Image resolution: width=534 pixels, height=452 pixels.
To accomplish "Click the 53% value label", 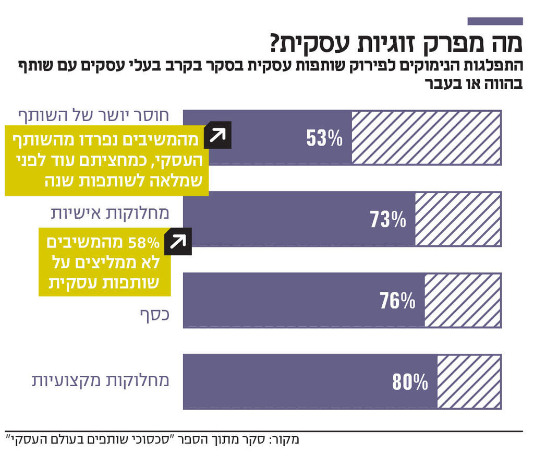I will click(x=324, y=138).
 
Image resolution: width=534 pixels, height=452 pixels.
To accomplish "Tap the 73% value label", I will click(x=387, y=220).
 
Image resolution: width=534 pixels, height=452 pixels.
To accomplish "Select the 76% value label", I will click(x=397, y=301).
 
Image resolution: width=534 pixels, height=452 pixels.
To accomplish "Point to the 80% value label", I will click(x=410, y=383).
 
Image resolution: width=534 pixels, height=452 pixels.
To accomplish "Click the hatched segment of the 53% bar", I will click(x=426, y=137).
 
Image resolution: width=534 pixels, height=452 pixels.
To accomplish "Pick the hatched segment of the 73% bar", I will click(x=458, y=219).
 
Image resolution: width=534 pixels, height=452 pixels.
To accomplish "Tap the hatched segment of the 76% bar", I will click(x=463, y=300).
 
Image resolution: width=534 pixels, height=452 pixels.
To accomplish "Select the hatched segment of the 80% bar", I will click(x=469, y=382).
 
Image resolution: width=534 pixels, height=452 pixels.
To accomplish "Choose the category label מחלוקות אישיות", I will click(x=110, y=213).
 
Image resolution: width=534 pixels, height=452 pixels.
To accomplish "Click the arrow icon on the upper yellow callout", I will click(x=217, y=136).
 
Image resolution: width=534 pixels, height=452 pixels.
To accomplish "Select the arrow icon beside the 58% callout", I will click(x=178, y=242).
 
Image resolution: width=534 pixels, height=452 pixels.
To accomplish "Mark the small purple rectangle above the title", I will click(x=495, y=21).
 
